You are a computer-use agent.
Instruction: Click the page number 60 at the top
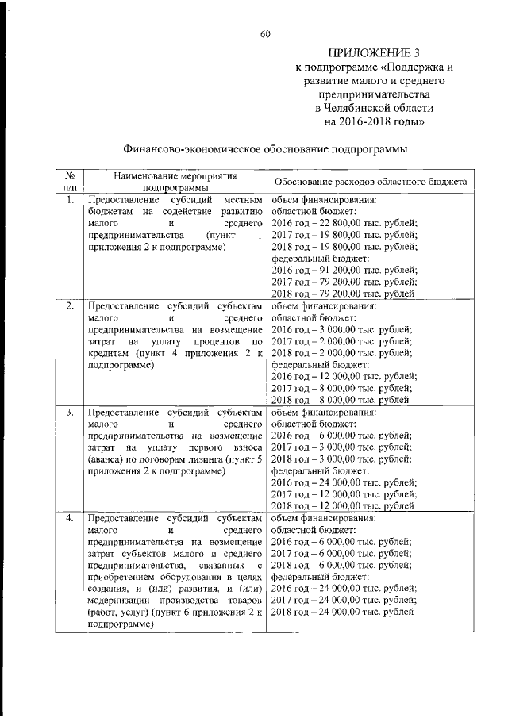click(x=265, y=33)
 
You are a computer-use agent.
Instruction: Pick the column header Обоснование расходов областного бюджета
click(x=370, y=182)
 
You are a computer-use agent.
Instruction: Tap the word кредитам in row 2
click(x=109, y=353)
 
